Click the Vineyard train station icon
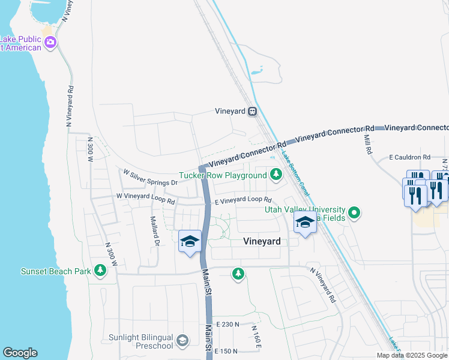[x=253, y=111]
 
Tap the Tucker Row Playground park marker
[x=276, y=175]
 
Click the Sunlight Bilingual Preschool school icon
[x=182, y=341]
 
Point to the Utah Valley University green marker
[x=354, y=213]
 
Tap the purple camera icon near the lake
[x=50, y=42]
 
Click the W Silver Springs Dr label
[x=151, y=178]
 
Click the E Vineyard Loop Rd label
[x=244, y=200]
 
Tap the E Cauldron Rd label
[x=410, y=157]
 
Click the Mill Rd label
[x=367, y=143]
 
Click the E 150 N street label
[x=228, y=351]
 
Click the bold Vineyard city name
[x=262, y=241]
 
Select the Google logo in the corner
[x=20, y=353]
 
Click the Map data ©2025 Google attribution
[x=412, y=355]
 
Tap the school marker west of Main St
[x=190, y=242]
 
